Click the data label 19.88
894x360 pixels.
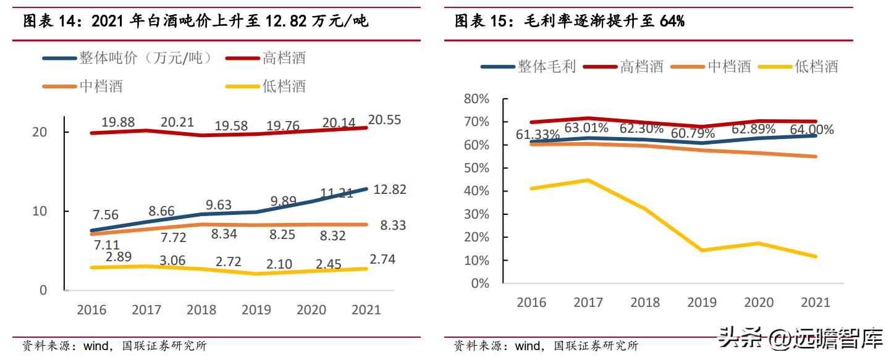pyautogui.click(x=118, y=122)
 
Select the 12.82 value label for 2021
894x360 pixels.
pyautogui.click(x=389, y=190)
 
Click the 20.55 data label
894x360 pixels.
pyautogui.click(x=384, y=120)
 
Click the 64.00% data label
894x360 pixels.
pyautogui.click(x=811, y=130)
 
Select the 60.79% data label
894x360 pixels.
pyautogui.click(x=692, y=133)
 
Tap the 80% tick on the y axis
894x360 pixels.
pyautogui.click(x=476, y=99)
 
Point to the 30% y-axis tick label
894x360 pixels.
pyautogui.click(x=476, y=214)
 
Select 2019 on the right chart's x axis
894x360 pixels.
pyautogui.click(x=702, y=302)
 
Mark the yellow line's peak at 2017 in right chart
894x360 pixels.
pyautogui.click(x=588, y=180)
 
